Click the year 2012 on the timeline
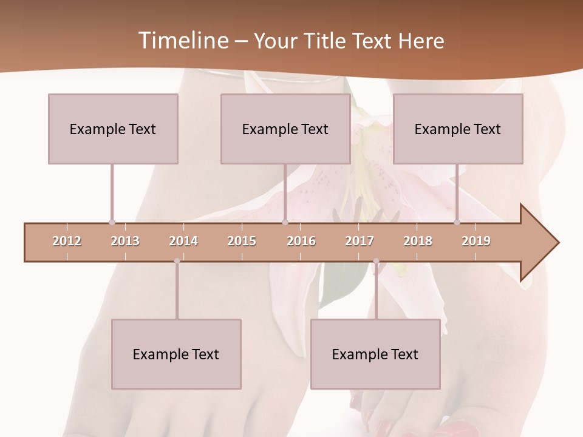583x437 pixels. coord(67,241)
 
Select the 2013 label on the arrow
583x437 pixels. coord(125,241)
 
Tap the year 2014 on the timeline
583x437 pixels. coord(183,241)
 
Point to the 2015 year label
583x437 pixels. coord(242,241)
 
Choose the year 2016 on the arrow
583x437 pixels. coord(301,241)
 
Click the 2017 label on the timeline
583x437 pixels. coord(360,241)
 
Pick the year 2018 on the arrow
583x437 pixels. coord(418,241)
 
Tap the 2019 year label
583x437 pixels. coord(476,241)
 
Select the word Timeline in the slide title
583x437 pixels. coord(182,41)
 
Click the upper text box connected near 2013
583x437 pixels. coord(113,129)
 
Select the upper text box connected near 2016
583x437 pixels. coord(285,129)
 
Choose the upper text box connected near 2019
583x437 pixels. coord(458,129)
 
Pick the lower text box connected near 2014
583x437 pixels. coord(176,354)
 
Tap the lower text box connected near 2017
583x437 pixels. coord(375,354)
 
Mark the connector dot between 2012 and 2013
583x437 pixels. coord(112,222)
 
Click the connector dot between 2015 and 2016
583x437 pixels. coord(285,222)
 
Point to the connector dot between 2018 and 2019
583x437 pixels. coord(457,222)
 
